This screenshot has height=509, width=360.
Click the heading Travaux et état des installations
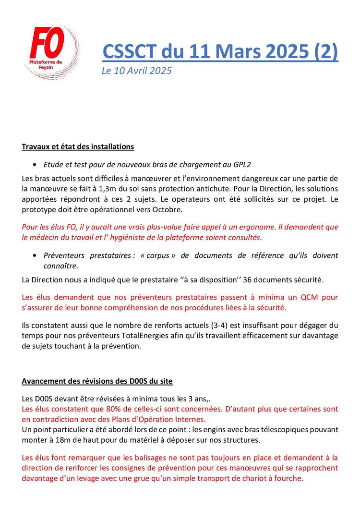pyautogui.click(x=78, y=146)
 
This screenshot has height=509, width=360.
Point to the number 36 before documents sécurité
pyautogui.click(x=249, y=279)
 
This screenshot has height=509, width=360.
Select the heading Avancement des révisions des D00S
pyautogui.click(x=97, y=381)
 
